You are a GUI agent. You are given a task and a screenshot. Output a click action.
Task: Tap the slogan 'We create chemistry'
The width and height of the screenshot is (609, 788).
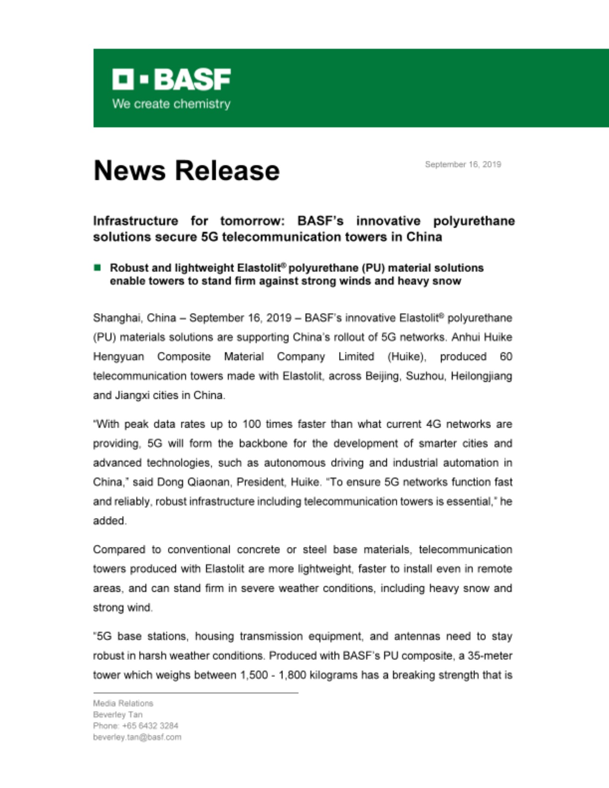tap(171, 104)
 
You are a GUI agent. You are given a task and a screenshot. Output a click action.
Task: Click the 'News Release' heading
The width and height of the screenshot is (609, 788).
tap(186, 171)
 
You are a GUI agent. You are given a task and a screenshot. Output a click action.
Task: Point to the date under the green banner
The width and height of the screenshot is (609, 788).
tap(463, 164)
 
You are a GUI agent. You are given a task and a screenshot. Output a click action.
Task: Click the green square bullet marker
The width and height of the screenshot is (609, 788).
tap(97, 268)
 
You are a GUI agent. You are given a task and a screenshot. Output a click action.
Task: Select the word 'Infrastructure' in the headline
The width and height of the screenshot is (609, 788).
tap(136, 221)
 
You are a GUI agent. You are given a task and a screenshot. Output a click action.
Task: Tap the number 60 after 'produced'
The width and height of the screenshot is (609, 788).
tap(506, 357)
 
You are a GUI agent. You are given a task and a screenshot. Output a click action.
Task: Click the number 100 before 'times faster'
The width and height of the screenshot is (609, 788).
tap(251, 424)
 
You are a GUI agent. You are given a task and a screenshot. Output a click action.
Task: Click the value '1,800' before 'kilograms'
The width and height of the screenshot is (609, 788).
tap(292, 675)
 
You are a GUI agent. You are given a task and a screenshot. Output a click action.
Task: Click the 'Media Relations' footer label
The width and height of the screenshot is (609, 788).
tap(123, 703)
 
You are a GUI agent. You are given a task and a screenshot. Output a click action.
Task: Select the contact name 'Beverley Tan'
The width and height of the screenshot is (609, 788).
tap(117, 715)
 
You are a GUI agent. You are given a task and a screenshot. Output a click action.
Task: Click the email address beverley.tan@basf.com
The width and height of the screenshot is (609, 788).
tap(137, 737)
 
